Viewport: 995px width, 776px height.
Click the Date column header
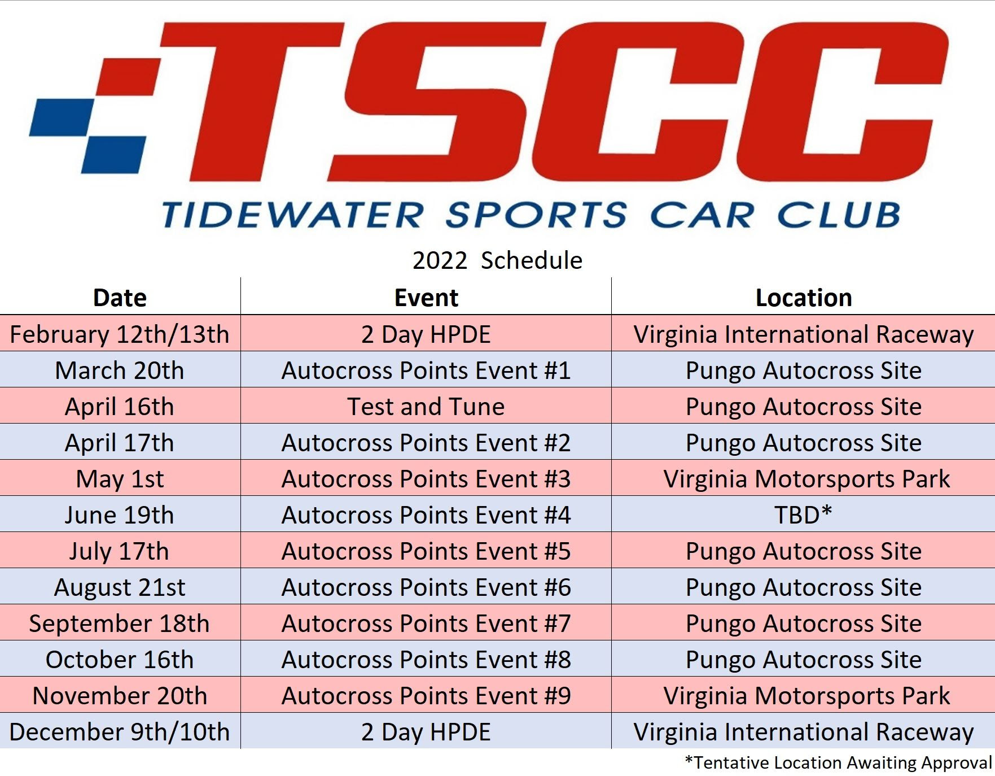pos(120,298)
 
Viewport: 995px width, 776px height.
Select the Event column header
pos(426,298)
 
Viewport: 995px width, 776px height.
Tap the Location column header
pos(804,298)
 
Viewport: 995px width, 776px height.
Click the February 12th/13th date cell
pos(120,334)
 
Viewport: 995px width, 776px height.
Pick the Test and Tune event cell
pos(426,407)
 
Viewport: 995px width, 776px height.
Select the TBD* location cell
pos(804,515)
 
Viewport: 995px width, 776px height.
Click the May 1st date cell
pos(120,479)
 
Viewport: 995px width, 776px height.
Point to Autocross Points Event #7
pos(426,624)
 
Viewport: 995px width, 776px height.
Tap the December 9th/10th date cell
pos(120,732)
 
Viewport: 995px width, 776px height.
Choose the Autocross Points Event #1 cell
pos(426,370)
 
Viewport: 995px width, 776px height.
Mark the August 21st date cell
pos(120,587)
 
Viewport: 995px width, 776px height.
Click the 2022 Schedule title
pos(497,260)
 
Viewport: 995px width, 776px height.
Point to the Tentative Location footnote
pos(838,762)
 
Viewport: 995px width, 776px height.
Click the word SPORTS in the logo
pos(536,215)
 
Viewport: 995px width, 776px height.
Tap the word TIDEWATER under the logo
pos(292,215)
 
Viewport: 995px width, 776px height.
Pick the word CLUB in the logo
pos(839,215)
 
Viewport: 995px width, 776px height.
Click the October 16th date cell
pos(120,660)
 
